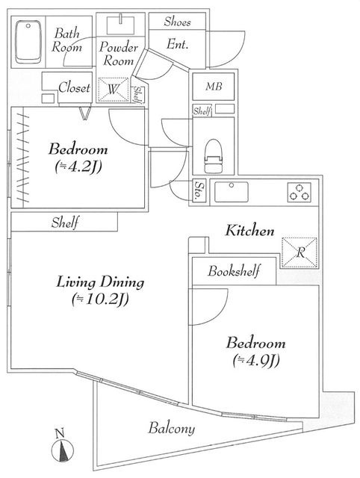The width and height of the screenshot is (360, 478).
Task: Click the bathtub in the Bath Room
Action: [28, 42]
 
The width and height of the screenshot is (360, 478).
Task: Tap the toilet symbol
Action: [213, 156]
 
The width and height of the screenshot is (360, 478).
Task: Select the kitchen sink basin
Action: [232, 192]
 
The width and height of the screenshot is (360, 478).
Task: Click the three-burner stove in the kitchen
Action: [300, 192]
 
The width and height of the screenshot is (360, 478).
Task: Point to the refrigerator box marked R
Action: [299, 252]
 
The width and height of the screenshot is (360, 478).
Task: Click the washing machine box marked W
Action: [114, 90]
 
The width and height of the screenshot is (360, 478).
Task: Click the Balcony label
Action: [171, 428]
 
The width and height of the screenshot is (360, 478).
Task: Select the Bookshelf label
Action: [234, 270]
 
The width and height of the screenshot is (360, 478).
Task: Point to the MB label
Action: [214, 87]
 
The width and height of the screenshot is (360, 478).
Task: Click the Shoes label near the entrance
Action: [178, 22]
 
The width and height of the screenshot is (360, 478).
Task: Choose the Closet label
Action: [75, 88]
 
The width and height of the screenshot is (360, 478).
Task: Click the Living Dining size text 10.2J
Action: [100, 299]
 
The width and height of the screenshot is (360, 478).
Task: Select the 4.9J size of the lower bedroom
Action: [256, 361]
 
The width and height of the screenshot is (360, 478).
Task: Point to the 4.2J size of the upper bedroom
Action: [78, 167]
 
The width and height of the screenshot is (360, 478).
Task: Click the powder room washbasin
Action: [121, 25]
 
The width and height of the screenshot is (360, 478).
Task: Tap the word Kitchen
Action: [249, 231]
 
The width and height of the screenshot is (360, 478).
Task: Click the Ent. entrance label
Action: [178, 45]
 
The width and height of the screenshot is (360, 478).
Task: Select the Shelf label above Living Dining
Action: [65, 223]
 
